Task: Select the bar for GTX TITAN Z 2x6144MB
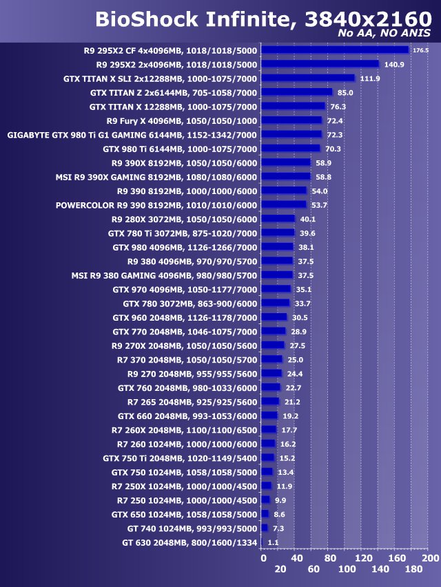pos(297,92)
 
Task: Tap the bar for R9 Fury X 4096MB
pos(291,120)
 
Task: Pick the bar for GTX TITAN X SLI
pos(308,78)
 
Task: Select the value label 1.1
pos(273,543)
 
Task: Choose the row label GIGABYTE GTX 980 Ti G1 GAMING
pos(132,135)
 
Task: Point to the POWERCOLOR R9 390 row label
pos(156,205)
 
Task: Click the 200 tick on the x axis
pos(430,557)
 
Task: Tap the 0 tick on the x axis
pos(263,557)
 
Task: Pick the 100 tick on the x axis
pos(347,570)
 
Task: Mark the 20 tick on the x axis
pos(280,570)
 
